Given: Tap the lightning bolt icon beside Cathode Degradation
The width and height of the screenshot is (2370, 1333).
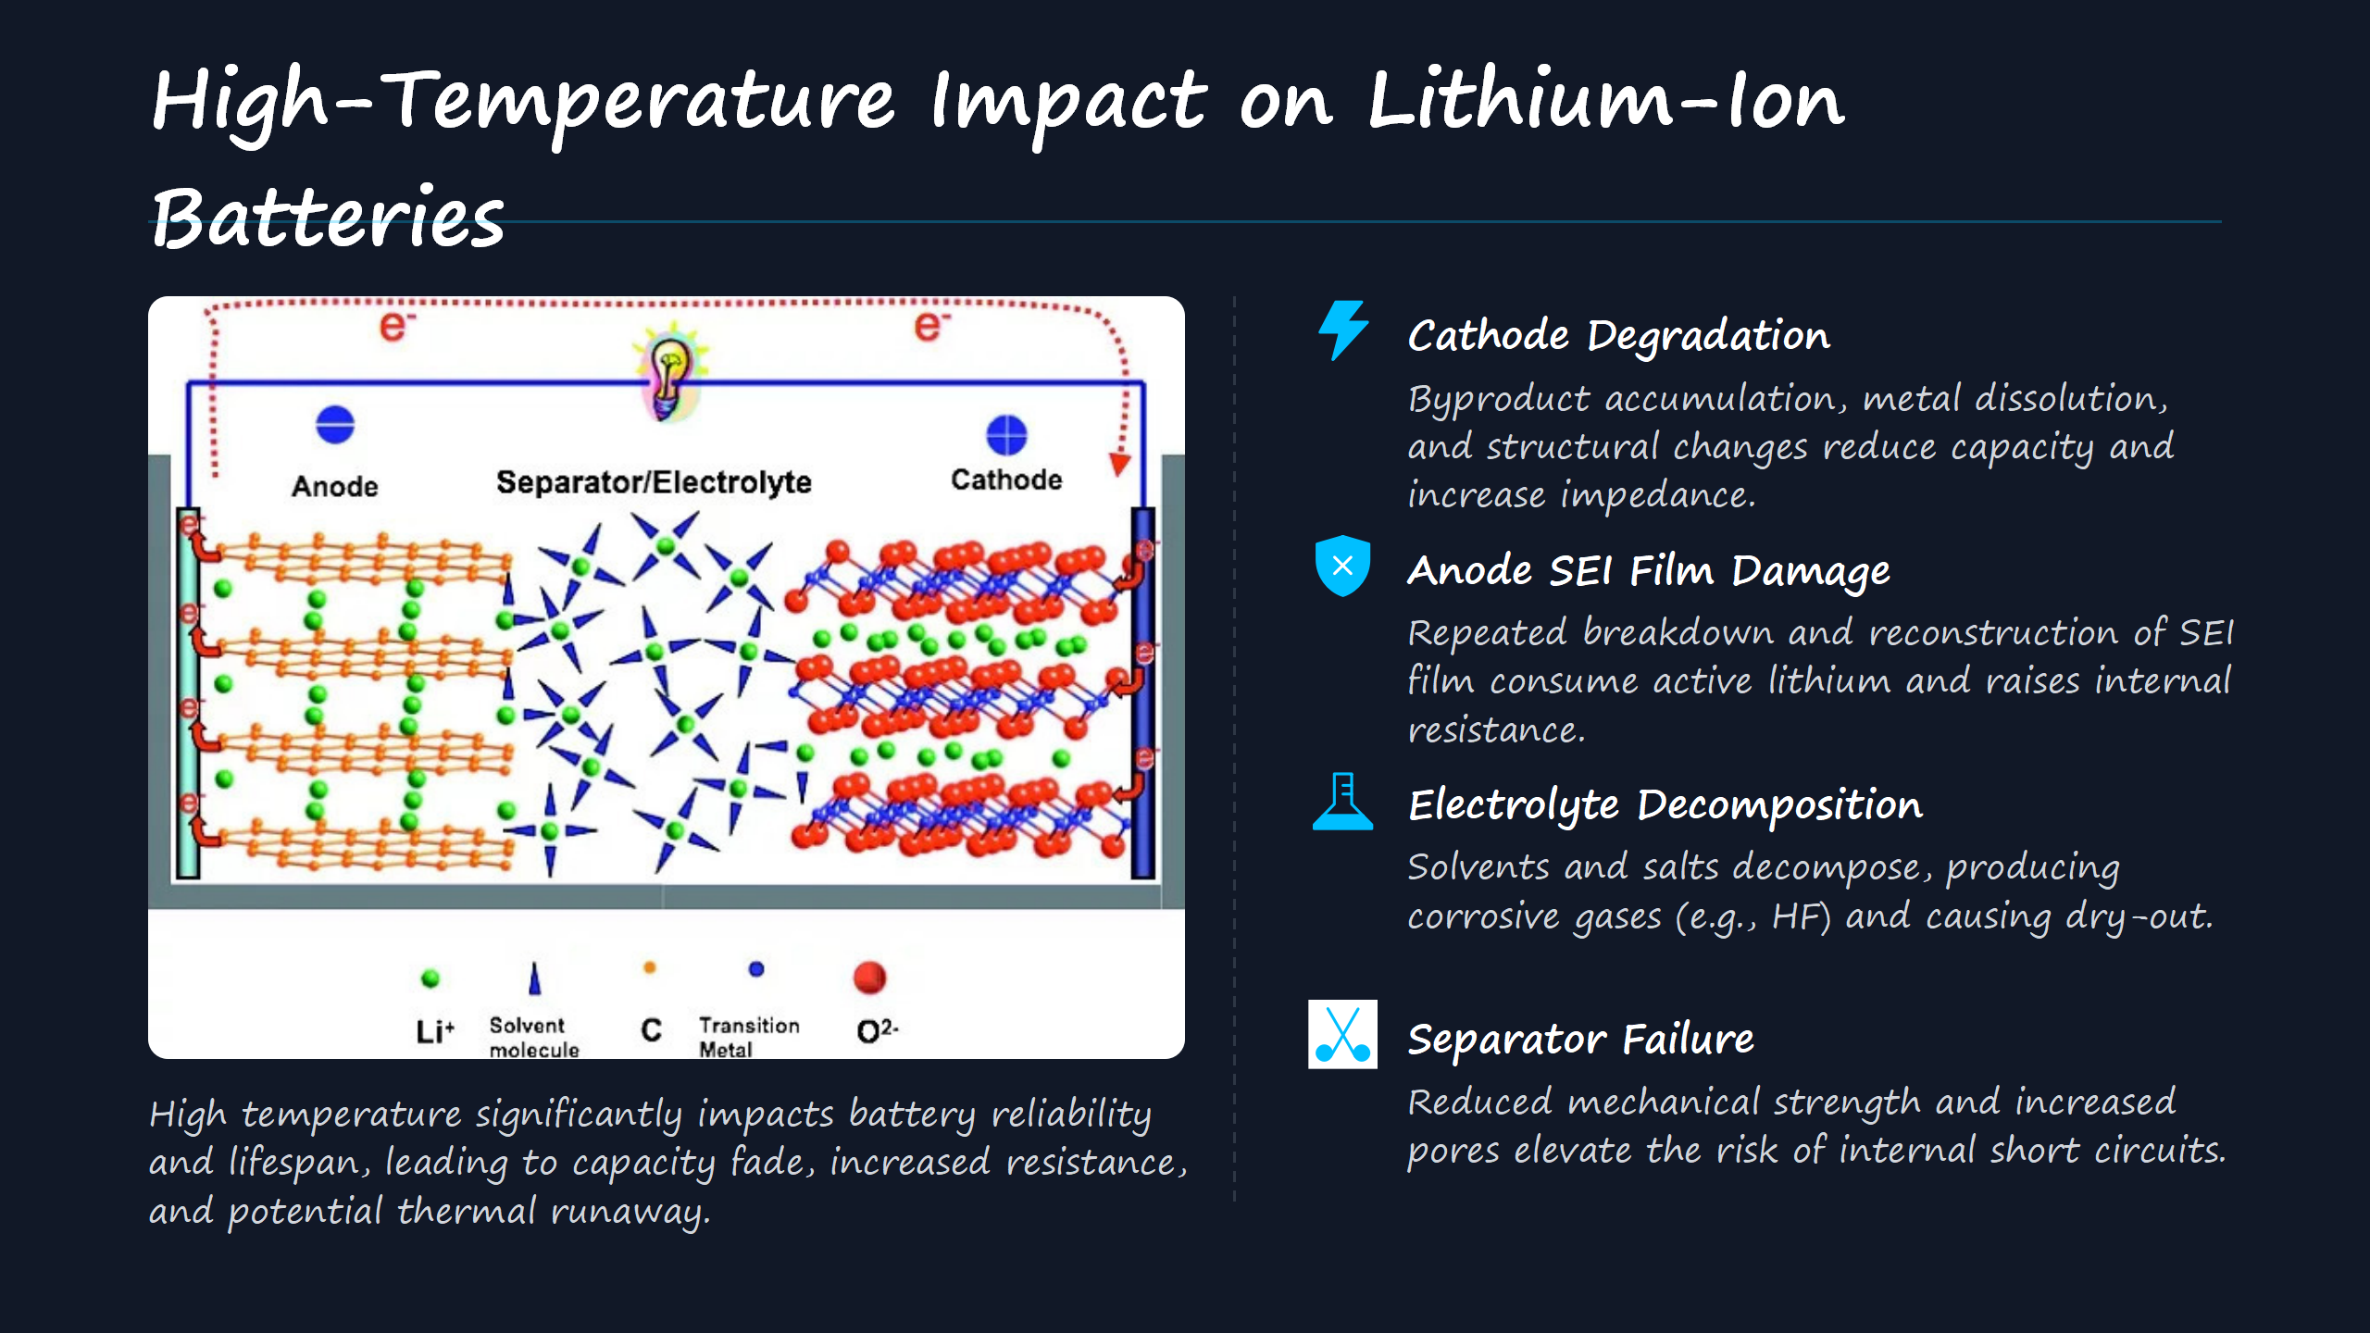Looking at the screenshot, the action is [x=1342, y=330].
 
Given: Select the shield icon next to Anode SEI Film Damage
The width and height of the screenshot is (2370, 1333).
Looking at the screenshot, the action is [x=1342, y=566].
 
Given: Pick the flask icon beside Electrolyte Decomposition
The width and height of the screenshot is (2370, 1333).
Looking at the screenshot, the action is [x=1342, y=802].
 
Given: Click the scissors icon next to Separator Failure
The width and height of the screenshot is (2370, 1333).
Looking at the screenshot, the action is [x=1342, y=1034].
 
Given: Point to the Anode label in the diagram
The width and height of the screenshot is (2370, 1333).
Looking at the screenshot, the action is [x=335, y=487].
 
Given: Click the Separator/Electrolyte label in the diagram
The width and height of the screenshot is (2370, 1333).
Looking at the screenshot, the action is [x=654, y=482].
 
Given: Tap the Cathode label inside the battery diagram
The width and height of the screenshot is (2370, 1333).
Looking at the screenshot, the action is [x=1006, y=480].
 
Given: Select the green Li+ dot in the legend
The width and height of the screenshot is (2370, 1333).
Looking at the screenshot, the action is [x=430, y=978].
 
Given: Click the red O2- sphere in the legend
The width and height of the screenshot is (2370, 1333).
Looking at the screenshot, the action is [x=869, y=978].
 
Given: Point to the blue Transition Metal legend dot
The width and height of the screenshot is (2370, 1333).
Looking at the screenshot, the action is [x=756, y=969].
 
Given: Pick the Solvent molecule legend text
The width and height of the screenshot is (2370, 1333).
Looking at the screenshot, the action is [x=534, y=1038].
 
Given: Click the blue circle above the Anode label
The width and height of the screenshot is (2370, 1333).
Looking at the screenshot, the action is [x=335, y=425].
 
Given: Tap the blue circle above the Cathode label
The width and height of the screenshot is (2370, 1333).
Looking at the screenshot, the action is [x=1006, y=435].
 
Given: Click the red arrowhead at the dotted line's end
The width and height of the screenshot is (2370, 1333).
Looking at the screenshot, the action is [x=1120, y=464].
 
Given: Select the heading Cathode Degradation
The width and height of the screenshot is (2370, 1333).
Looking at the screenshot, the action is [x=1618, y=335].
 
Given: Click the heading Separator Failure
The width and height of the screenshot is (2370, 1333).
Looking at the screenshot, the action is [x=1580, y=1040].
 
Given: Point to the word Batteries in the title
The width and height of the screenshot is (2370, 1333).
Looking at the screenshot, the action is [x=328, y=218].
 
